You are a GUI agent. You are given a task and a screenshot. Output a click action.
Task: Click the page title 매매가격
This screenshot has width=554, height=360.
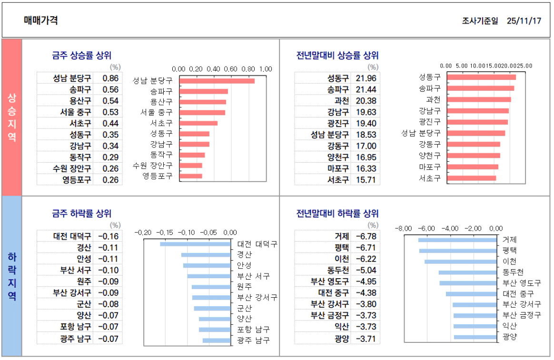(x=41, y=20)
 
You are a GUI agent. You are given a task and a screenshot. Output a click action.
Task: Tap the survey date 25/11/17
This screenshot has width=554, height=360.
(x=524, y=21)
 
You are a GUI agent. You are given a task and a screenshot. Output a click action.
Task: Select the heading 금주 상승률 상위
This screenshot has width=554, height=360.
(x=81, y=55)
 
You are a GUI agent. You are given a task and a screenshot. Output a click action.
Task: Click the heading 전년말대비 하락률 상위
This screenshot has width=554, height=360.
(x=337, y=214)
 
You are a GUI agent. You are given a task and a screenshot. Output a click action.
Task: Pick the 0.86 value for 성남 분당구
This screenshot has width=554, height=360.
(x=110, y=78)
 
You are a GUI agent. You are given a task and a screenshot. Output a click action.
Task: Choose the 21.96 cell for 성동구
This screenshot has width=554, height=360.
(x=366, y=78)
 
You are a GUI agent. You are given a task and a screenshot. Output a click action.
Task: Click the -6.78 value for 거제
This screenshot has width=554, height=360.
(x=366, y=236)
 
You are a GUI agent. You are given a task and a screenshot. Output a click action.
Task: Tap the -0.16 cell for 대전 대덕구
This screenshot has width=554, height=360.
(x=109, y=236)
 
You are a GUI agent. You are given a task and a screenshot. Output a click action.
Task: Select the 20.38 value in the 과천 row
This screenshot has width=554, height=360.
(x=366, y=101)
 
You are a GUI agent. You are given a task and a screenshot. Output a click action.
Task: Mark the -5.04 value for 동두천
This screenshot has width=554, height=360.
(x=366, y=270)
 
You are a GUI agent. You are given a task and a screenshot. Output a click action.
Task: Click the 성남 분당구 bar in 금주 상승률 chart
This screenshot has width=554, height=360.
(x=217, y=81)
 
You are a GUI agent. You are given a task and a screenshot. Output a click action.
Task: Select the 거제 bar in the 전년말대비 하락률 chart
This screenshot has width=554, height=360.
(x=457, y=240)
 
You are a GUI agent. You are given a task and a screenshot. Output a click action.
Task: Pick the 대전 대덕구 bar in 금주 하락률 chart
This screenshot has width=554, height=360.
(x=195, y=244)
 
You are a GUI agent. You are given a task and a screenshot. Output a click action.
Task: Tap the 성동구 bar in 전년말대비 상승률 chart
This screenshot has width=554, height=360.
(x=482, y=77)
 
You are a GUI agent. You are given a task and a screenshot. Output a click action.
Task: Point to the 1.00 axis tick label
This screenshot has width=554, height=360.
(x=266, y=68)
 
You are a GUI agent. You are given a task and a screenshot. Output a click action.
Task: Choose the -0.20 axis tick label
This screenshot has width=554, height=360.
(x=143, y=233)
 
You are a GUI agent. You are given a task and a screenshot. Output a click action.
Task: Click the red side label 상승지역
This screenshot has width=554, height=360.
(x=12, y=117)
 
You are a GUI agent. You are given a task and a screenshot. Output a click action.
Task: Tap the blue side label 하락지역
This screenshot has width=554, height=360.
(x=12, y=276)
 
